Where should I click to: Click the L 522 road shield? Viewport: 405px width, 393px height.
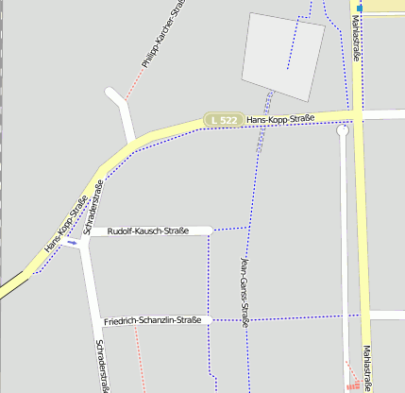click(x=225, y=120)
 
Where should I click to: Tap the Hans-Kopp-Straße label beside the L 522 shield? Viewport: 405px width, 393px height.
click(x=279, y=119)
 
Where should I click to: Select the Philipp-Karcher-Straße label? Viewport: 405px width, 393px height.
click(x=162, y=37)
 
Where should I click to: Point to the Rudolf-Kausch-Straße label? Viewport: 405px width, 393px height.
click(x=148, y=231)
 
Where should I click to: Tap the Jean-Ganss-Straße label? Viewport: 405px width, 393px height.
click(x=245, y=290)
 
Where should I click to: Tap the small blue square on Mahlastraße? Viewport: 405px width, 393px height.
click(x=360, y=8)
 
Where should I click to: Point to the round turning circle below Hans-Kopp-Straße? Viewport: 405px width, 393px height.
click(x=343, y=132)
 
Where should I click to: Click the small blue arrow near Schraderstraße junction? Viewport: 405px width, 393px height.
click(x=73, y=241)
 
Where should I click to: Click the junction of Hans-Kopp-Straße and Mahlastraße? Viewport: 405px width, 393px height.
click(x=358, y=115)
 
